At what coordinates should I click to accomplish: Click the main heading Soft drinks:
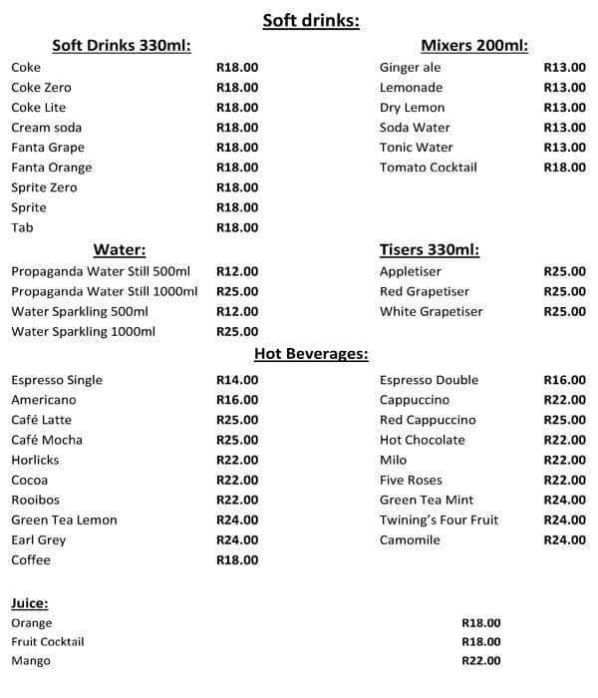tap(311, 20)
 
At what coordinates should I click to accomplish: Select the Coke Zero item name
tap(41, 88)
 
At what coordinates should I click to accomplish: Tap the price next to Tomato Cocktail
tap(564, 168)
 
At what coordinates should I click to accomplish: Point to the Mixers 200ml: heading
tap(473, 46)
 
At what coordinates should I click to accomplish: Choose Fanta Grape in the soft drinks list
tap(48, 148)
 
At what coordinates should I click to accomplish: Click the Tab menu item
tap(22, 227)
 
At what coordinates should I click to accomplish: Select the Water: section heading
tap(120, 249)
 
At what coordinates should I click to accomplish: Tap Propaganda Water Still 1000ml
tap(105, 291)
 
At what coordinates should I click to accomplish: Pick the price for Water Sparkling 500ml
tap(237, 311)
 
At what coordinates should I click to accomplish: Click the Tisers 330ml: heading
tap(430, 249)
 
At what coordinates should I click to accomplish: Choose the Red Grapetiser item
tap(425, 291)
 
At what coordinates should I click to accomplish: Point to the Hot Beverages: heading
tap(311, 354)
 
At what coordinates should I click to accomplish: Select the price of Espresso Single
tap(237, 380)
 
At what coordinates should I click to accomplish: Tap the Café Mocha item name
tap(47, 440)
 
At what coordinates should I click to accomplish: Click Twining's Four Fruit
tap(439, 520)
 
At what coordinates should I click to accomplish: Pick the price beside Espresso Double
tap(564, 380)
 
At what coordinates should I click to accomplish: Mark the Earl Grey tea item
tap(40, 539)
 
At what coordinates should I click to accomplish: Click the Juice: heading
tap(30, 603)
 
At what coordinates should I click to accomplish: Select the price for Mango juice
tap(481, 660)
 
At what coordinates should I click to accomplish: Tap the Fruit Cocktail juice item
tap(48, 641)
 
